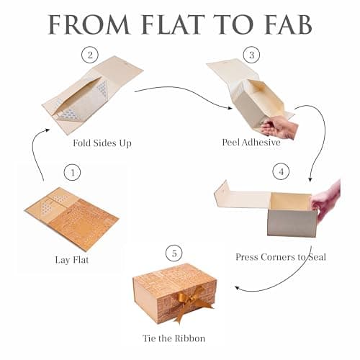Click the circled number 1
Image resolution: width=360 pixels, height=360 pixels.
pos(72,172)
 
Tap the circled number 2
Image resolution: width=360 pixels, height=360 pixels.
pos(90,55)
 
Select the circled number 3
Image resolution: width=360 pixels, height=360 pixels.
pos(251,55)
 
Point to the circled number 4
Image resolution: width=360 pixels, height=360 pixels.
pos(281,171)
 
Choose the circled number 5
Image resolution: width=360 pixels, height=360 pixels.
pos(174,253)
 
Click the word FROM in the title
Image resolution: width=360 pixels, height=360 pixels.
pos(89,24)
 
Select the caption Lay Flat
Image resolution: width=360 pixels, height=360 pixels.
pos(72,260)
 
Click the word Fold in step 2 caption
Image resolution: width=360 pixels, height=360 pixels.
pos(82,143)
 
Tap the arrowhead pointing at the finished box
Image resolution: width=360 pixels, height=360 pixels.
pos(238,287)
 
